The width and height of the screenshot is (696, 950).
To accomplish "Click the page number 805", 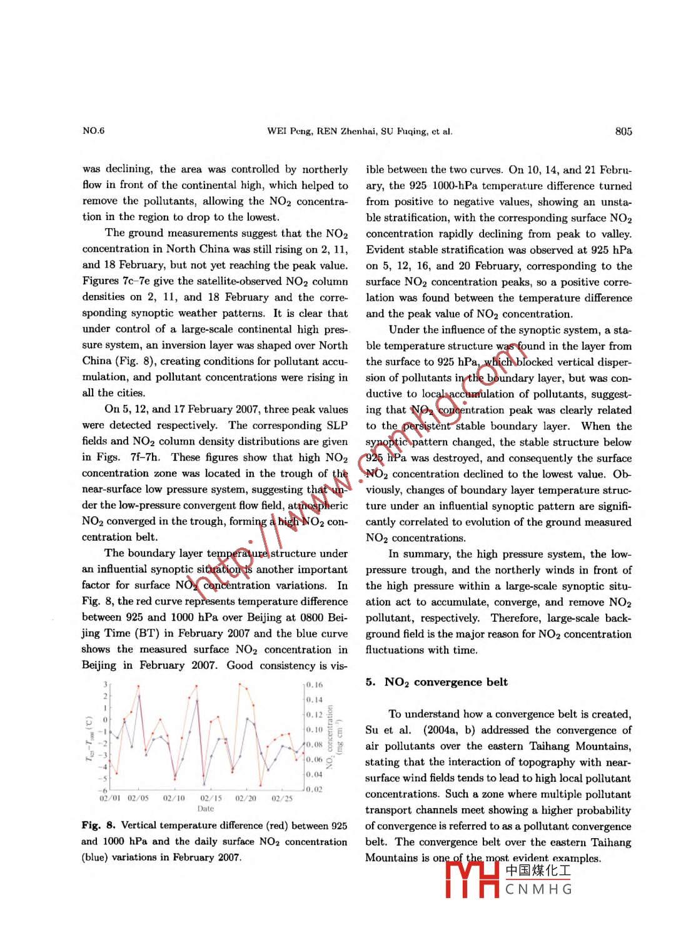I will point(623,131).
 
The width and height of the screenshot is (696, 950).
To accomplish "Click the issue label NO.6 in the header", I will point(93,131).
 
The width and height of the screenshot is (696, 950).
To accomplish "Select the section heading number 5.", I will point(370,682).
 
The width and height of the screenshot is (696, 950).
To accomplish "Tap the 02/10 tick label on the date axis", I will point(174,798).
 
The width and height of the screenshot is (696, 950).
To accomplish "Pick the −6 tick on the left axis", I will point(104,791).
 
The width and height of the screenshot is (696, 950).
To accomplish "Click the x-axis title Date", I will point(205,808).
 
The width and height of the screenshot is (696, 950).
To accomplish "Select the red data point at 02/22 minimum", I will point(260,785).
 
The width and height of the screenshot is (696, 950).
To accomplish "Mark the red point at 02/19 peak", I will point(240,684).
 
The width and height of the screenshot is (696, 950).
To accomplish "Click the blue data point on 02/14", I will point(197,701).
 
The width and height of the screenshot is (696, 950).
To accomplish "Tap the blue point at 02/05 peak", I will point(139,696).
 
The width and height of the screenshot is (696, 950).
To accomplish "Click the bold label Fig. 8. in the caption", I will point(98,826).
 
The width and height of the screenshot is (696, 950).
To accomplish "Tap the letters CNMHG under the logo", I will point(538,889).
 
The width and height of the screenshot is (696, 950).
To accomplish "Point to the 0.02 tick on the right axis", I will point(315,789).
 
